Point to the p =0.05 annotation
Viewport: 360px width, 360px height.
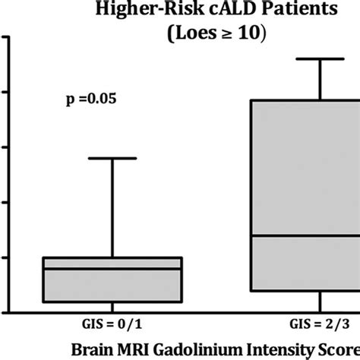point(89,99)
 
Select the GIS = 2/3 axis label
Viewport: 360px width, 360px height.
point(320,324)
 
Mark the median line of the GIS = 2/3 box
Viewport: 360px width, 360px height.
point(304,235)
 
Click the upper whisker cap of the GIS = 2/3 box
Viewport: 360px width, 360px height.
point(320,58)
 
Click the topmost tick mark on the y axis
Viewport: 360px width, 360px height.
point(3,36)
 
